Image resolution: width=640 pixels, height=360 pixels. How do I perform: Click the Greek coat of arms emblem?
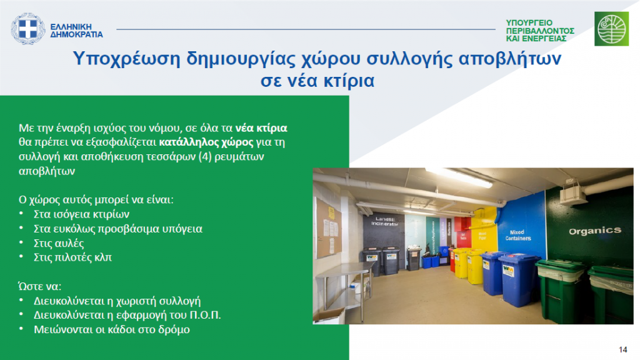[27, 29]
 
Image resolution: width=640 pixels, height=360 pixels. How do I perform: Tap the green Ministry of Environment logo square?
[611, 29]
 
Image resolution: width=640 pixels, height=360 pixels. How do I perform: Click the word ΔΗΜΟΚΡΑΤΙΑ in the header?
[76, 35]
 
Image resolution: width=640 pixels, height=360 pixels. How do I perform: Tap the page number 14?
[623, 350]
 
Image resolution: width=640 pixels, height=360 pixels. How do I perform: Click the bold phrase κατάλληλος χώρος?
[206, 142]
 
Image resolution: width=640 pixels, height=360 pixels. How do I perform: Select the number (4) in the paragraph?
[205, 157]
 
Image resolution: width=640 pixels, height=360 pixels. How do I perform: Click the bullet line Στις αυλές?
[59, 244]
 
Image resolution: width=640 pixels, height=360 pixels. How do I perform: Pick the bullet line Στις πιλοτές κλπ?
[72, 257]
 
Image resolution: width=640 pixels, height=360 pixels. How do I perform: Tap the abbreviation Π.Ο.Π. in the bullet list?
[205, 315]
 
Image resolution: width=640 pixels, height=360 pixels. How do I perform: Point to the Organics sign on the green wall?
[595, 231]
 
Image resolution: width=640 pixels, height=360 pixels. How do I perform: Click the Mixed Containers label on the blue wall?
[518, 235]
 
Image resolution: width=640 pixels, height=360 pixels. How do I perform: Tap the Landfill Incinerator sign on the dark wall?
[384, 222]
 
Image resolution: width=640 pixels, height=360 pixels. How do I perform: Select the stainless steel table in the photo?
[345, 286]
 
